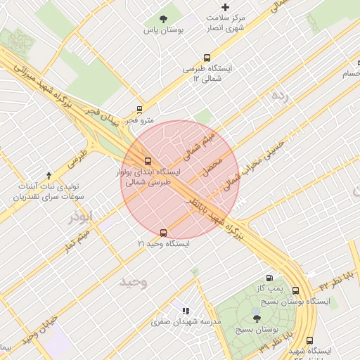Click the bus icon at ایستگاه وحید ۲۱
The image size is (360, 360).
pyautogui.click(x=164, y=232)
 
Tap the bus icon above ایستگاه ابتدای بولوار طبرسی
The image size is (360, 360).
pyautogui.click(x=148, y=160)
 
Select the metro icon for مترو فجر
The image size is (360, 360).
pyautogui.click(x=139, y=110)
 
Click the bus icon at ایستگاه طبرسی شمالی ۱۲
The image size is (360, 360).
pyautogui.click(x=206, y=58)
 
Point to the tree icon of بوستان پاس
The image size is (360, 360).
pyautogui.click(x=164, y=19)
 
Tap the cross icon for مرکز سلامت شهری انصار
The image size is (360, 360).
pyautogui.click(x=225, y=6)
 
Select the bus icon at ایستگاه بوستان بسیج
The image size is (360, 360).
pyautogui.click(x=295, y=290)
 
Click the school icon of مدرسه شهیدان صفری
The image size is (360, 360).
pyautogui.click(x=186, y=310)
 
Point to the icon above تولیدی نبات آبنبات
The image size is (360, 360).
pyautogui.click(x=49, y=174)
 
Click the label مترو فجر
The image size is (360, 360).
pyautogui.click(x=141, y=121)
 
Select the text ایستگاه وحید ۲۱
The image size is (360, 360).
pyautogui.click(x=164, y=243)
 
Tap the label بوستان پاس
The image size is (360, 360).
pyautogui.click(x=163, y=30)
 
